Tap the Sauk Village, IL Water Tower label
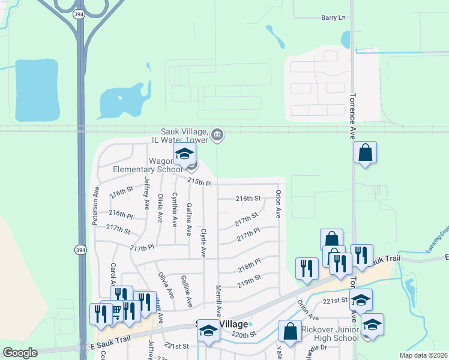pos(184,136)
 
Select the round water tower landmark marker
pos(217,136)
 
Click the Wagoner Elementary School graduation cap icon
pos(184,154)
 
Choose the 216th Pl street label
pos(121,213)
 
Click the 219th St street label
pos(249,278)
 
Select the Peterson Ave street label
pos(95,205)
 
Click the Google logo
pos(20,353)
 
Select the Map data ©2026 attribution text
pos(423,355)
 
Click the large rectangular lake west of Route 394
pos(37,89)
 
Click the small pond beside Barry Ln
pos(346,39)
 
